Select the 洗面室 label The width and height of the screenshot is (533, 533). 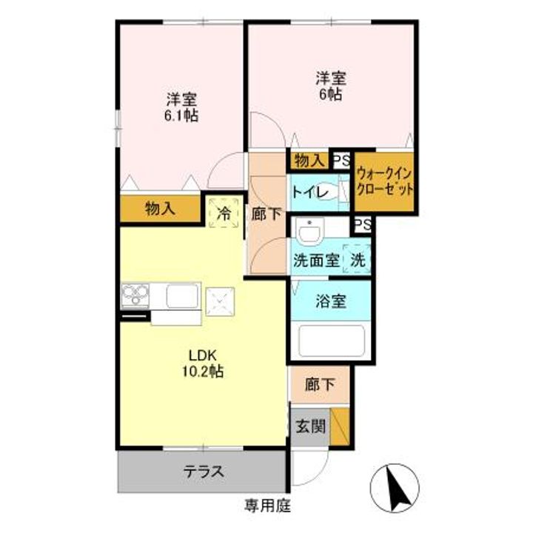click(316, 261)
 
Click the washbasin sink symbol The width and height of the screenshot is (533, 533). click(308, 233)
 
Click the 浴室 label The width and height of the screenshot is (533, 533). click(329, 302)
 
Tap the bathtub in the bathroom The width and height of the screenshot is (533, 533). click(329, 341)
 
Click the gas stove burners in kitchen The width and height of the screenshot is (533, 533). click(136, 296)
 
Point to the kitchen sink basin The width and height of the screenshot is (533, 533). click(181, 296)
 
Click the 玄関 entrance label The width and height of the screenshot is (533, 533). click(308, 427)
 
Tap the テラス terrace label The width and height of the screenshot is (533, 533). click(204, 472)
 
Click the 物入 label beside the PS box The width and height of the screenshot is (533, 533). click(307, 160)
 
